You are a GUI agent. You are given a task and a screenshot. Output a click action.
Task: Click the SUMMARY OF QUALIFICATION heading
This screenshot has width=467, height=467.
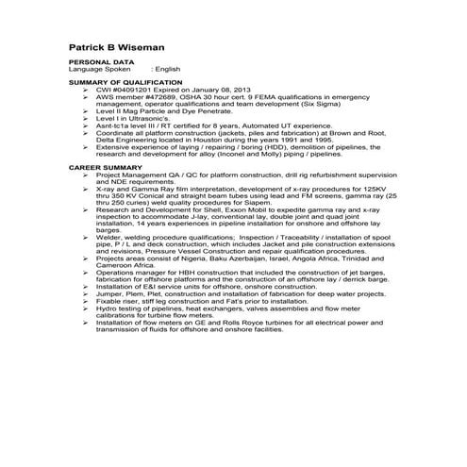[126, 83]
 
